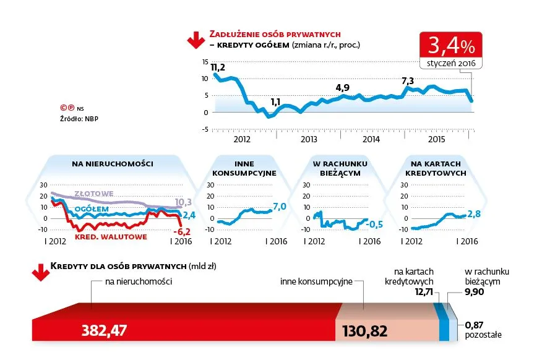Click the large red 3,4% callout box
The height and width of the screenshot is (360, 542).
pos(450,45)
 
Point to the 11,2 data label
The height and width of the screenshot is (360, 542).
pos(218,67)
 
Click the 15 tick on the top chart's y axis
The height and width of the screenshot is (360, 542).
pos(205,62)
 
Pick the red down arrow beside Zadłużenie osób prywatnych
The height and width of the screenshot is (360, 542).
pos(195,39)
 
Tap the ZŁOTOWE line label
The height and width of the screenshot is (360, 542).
pos(93,194)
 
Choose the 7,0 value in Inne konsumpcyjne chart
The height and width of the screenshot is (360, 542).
pos(280,206)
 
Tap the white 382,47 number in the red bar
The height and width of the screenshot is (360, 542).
pos(104,330)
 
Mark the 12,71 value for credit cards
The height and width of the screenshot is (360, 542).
pos(424,291)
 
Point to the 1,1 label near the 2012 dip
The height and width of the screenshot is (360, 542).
pos(275,102)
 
